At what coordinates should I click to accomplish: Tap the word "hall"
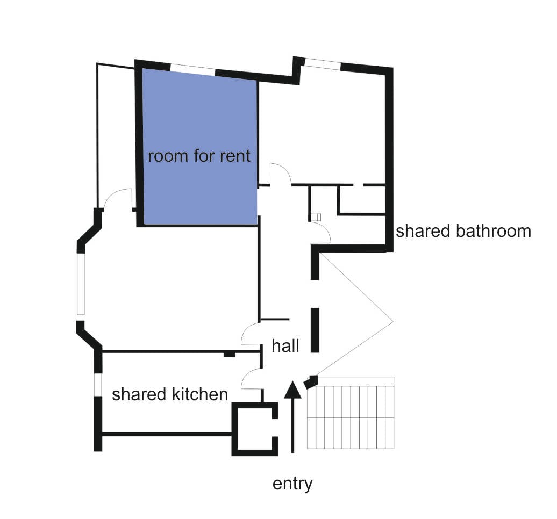coord(285,346)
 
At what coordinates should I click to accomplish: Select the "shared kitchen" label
coord(170,394)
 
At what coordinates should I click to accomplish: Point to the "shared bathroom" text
coord(463,231)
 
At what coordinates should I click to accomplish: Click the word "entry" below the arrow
coord(292,484)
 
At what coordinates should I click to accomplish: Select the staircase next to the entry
coord(351,413)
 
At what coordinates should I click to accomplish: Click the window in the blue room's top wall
coord(193,70)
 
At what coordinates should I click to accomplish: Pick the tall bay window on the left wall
coord(81,284)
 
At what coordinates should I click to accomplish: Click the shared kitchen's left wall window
coord(98,385)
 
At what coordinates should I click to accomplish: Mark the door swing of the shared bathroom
coord(321,232)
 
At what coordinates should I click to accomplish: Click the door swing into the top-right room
coord(281,174)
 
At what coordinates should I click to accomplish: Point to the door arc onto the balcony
coord(118,199)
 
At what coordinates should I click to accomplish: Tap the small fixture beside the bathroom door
coord(316,217)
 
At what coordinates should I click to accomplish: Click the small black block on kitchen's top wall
coord(230,354)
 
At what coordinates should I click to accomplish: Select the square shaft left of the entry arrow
coord(254,429)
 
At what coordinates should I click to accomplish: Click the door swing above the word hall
coord(252,333)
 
